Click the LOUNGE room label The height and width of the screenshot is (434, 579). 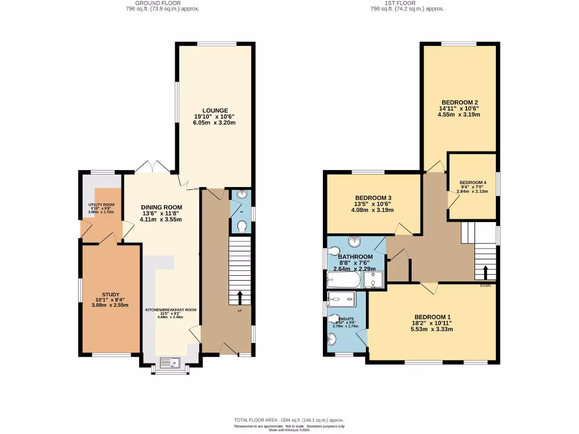[215, 110]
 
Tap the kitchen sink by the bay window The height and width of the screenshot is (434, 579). [170, 363]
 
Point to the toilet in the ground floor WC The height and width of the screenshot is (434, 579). [242, 226]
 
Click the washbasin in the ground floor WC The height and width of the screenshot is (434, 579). [242, 195]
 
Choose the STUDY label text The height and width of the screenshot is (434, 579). [110, 294]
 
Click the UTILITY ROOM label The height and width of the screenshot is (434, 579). [101, 205]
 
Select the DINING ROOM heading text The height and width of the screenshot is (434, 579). [161, 207]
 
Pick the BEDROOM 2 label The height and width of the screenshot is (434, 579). [459, 102]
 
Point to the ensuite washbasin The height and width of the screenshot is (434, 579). [331, 339]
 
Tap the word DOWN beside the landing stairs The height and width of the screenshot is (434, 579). [485, 286]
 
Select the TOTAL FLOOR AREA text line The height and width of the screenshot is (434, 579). [289, 420]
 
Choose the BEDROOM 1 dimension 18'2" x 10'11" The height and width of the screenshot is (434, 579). [434, 323]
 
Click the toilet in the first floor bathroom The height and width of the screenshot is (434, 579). [333, 251]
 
